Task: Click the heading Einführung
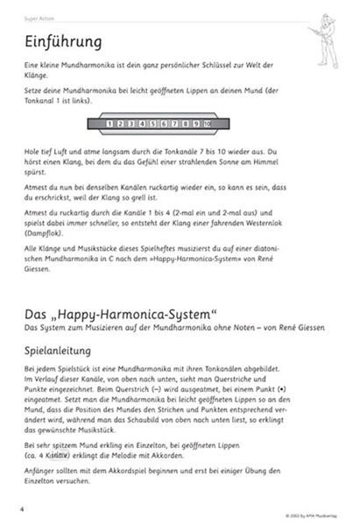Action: (x=65, y=42)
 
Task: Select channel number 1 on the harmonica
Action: (x=109, y=124)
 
